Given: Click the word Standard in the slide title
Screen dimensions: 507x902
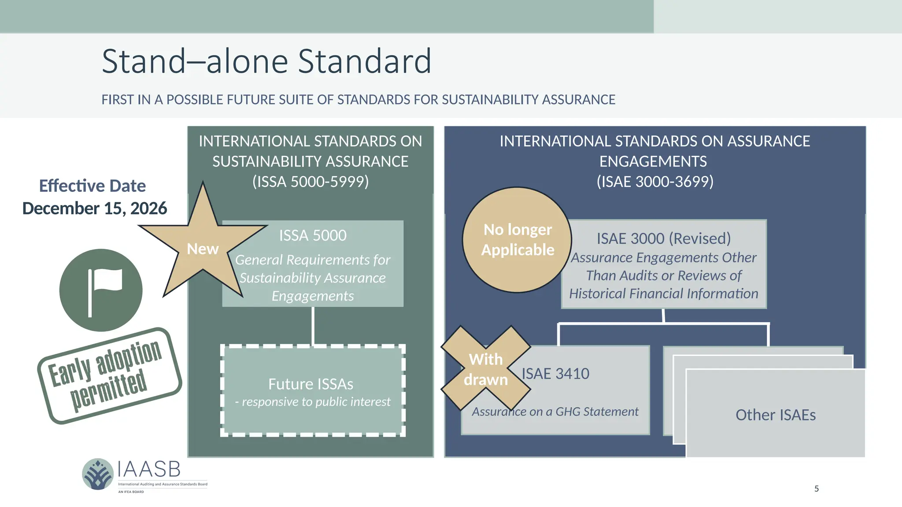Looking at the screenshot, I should click(x=364, y=61).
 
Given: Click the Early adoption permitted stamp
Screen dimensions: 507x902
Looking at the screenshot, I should click(x=109, y=376).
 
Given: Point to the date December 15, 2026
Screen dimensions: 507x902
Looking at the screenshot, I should click(x=94, y=209).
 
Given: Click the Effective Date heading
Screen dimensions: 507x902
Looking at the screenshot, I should click(x=92, y=186).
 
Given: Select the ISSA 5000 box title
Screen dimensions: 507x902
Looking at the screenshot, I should click(x=313, y=235).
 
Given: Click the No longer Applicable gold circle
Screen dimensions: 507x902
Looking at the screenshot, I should click(x=517, y=240).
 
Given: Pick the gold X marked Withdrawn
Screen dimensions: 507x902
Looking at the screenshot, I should click(x=486, y=369).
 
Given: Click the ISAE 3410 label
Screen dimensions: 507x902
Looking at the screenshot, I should click(x=555, y=374).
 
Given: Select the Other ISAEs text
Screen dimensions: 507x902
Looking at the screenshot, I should click(x=775, y=415).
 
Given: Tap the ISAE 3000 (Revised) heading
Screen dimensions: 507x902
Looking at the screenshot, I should click(x=663, y=239).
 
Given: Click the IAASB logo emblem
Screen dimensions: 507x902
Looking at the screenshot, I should click(x=98, y=474).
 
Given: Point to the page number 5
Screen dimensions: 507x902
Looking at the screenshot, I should click(x=816, y=489).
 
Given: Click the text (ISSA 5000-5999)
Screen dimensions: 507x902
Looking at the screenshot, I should click(x=311, y=182).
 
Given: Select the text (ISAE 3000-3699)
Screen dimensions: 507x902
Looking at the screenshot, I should click(x=655, y=182).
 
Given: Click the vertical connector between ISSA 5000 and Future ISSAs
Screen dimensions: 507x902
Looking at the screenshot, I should click(x=313, y=326).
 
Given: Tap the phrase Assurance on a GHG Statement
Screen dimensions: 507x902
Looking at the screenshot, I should click(x=555, y=412).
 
